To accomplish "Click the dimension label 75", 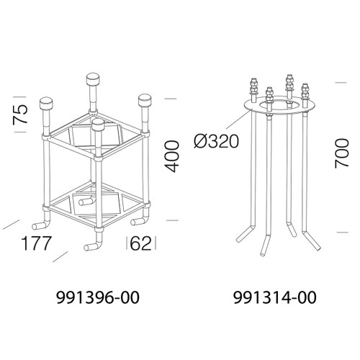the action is click(20, 114).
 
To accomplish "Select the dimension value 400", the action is click(173, 156).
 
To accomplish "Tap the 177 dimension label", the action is click(36, 243).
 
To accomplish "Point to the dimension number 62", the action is click(141, 243).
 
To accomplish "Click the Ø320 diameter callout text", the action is click(217, 141).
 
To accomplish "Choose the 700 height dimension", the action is click(342, 153).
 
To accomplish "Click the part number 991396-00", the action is click(98, 297).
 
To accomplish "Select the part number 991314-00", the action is click(275, 297).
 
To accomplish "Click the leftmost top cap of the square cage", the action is click(47, 103).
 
